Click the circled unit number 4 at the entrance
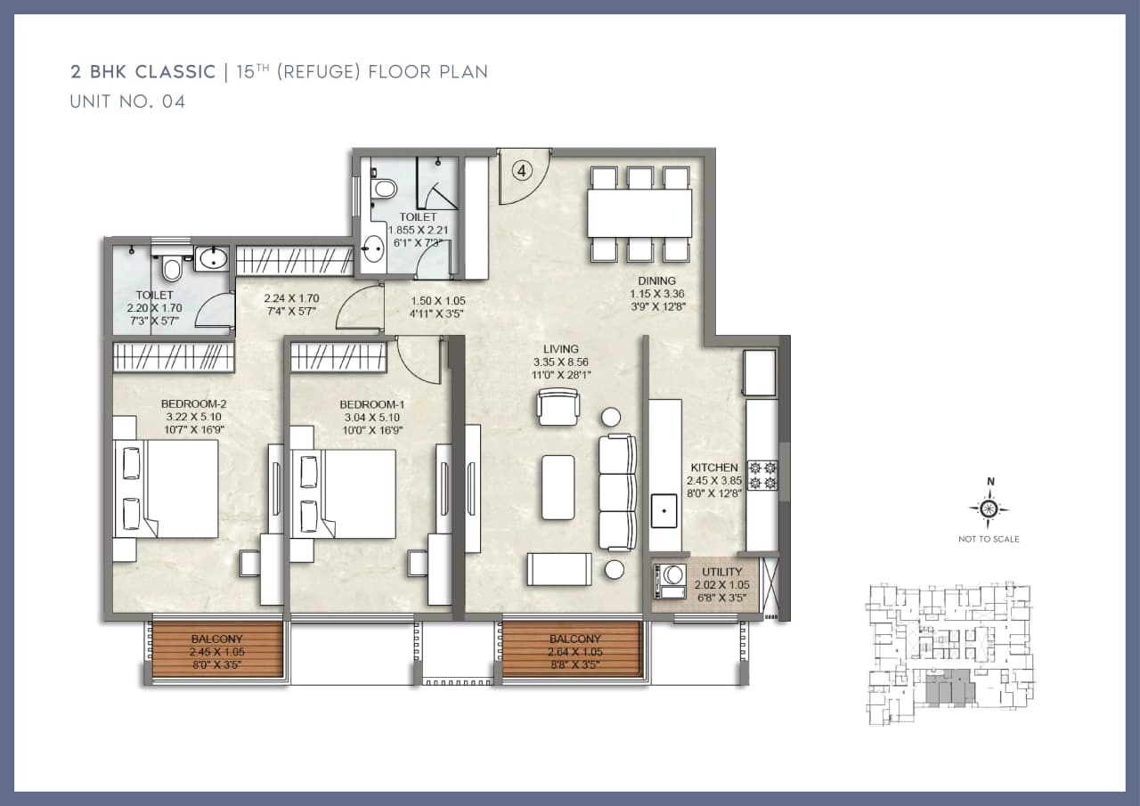520,169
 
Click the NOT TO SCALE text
989,539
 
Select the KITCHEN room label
714,467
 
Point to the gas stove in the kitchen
762,474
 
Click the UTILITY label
722,573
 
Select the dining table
639,214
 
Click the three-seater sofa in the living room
617,493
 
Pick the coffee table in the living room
558,487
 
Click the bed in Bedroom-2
167,488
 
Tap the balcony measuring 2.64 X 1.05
574,650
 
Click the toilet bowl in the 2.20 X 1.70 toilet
171,267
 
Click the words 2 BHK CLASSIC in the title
143,72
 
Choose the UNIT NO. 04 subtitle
127,102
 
